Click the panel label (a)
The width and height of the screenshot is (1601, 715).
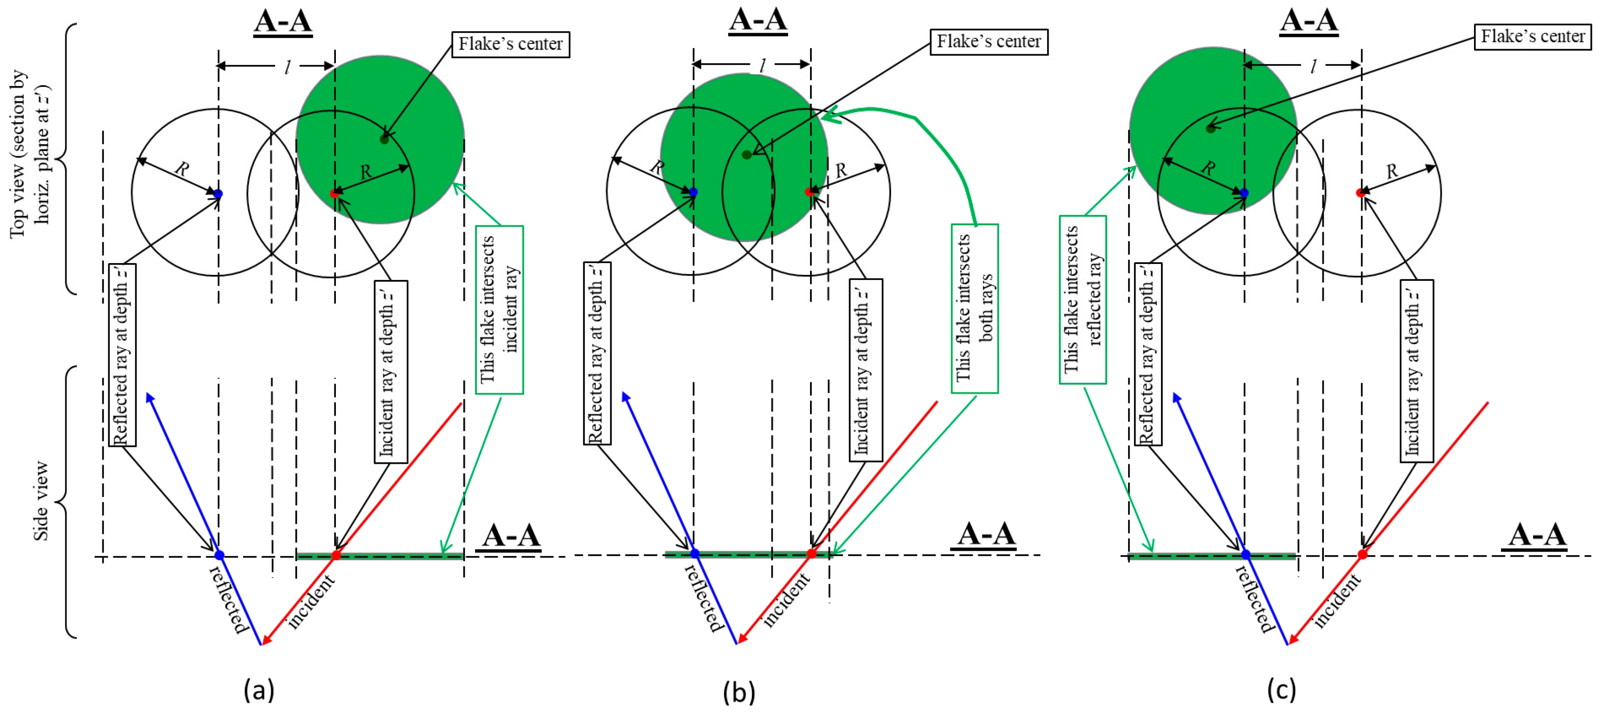[x=258, y=690]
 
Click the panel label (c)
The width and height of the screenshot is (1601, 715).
[x=1281, y=690]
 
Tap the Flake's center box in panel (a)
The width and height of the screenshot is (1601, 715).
[x=510, y=44]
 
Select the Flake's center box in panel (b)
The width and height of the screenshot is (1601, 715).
[x=988, y=42]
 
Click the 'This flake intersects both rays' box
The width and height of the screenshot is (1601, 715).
[x=974, y=309]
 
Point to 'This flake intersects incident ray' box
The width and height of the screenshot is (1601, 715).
[x=499, y=309]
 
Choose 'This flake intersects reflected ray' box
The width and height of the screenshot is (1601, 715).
[x=1083, y=299]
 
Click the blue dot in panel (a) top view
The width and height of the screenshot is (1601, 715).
[x=218, y=194]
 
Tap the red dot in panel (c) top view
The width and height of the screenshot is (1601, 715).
[x=1360, y=193]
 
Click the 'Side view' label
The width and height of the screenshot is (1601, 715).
[x=41, y=501]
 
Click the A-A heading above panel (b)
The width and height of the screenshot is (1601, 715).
[x=758, y=20]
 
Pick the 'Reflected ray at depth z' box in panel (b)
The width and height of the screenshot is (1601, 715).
[x=597, y=353]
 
